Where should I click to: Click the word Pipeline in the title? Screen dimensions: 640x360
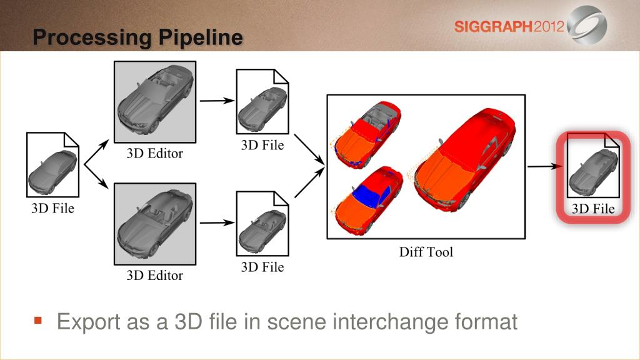pos(201,37)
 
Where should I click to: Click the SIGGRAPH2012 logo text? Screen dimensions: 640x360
pos(509,27)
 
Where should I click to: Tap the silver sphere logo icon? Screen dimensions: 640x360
pos(587,24)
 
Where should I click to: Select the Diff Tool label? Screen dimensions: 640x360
pos(426,252)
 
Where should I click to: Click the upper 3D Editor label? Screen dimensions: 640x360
pos(155,154)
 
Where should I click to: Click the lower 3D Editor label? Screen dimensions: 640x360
pos(155,276)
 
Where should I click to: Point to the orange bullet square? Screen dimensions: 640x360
pos(38,321)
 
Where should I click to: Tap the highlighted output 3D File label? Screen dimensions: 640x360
pos(593,209)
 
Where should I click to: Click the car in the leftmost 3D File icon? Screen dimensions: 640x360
pos(52,172)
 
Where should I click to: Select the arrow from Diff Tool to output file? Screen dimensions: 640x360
pos(545,166)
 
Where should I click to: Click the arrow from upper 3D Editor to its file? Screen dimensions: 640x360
pos(217,101)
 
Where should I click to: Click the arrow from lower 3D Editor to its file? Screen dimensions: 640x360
pos(217,222)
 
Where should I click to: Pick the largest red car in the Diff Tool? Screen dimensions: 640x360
pos(465,159)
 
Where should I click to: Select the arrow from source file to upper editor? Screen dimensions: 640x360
pos(97,152)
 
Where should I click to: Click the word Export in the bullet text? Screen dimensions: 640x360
pos(89,322)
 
